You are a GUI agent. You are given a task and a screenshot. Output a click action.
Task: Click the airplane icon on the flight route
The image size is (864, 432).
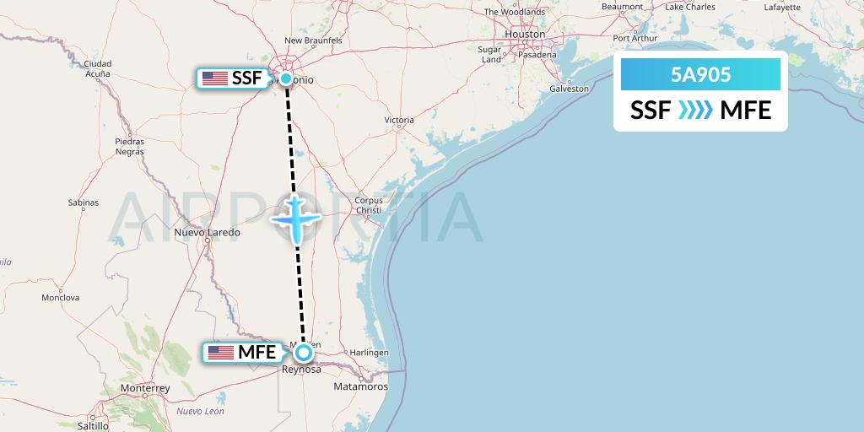pos(296,219)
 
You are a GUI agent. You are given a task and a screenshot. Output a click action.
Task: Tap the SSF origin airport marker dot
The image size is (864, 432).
pos(286,79)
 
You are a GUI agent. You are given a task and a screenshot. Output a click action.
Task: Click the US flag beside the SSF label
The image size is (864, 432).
pos(215,78)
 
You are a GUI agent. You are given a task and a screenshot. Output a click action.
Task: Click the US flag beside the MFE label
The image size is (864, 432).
pos(220,353)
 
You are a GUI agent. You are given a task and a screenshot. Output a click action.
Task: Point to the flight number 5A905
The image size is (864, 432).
pos(700,75)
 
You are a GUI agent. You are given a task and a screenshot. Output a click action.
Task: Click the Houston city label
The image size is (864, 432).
pos(524,34)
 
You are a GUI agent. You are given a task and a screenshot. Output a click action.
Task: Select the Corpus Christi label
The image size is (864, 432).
pos(369,206)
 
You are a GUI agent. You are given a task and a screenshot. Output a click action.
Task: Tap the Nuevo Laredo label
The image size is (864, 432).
pos(207,232)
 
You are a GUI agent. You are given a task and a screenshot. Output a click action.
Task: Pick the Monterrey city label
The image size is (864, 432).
pos(145,388)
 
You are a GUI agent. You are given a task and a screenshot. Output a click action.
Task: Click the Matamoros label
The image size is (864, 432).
pos(360,386)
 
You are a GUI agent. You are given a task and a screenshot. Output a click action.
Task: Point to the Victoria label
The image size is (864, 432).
pos(399,120)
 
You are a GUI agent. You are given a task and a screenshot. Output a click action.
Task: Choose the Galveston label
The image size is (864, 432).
pos(569,88)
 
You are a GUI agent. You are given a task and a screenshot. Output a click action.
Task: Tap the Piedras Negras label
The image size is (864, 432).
pos(130,146)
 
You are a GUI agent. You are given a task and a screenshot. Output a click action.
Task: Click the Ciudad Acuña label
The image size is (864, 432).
pos(98,68)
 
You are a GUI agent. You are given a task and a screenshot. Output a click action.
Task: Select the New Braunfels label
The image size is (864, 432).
pos(313,40)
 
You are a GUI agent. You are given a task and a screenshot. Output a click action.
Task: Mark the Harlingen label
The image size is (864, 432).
pos(370,352)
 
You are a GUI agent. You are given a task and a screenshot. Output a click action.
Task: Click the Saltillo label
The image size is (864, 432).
pos(93,427)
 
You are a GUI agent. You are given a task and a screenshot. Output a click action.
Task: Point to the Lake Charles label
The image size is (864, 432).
pos(689,7)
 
